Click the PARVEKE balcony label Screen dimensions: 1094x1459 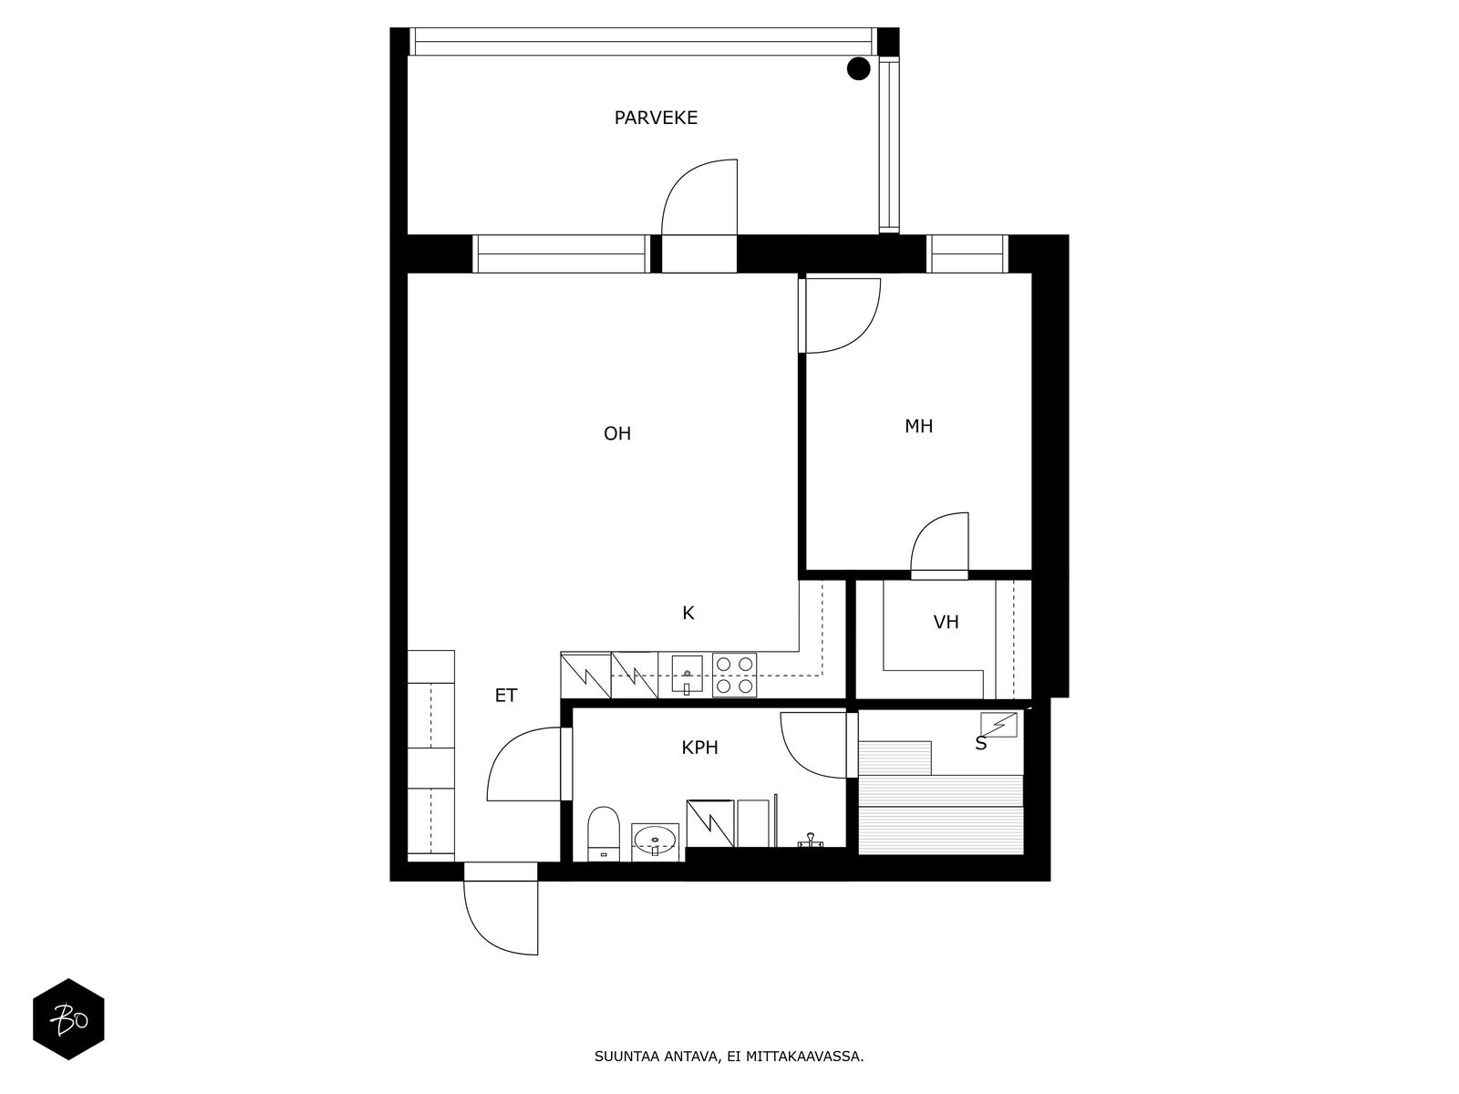[656, 118]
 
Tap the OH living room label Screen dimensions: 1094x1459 [617, 434]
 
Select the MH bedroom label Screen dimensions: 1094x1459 [918, 426]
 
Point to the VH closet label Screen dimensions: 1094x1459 [946, 623]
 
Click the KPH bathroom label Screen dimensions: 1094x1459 [699, 748]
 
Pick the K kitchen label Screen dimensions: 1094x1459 [688, 614]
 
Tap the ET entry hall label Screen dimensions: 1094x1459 [506, 696]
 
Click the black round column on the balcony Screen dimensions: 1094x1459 [858, 68]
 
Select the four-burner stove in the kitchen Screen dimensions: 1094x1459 [734, 675]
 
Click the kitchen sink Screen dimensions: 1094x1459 [687, 675]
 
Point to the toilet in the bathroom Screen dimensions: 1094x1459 [604, 831]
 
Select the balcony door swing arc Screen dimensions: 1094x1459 [698, 196]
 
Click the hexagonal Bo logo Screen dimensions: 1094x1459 [68, 1019]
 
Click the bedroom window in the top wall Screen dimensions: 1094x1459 [967, 253]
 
